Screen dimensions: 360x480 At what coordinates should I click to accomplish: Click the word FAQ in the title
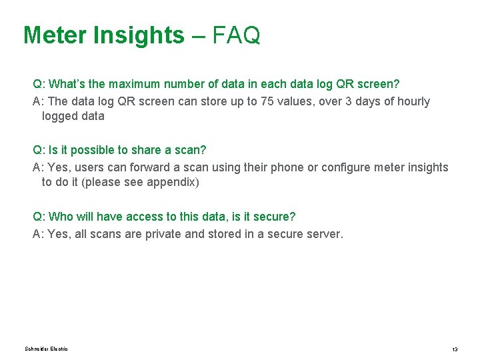[237, 35]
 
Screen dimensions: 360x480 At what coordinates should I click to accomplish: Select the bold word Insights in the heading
[139, 35]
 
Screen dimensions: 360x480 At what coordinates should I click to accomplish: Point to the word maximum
[138, 85]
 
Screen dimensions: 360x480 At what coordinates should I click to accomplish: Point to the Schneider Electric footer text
[46, 349]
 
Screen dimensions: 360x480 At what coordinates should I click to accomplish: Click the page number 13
[455, 350]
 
